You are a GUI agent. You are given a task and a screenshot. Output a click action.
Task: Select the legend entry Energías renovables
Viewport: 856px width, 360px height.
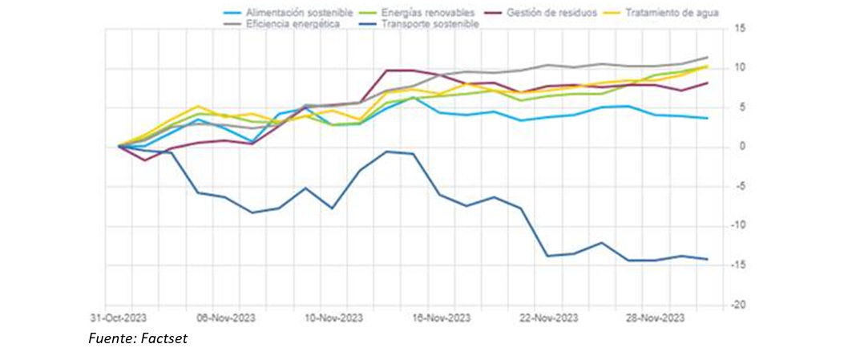(x=428, y=14)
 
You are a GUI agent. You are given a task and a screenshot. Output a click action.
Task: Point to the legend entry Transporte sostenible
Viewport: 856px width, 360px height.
(x=430, y=25)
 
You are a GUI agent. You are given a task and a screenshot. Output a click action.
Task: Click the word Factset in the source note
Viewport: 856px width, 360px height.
(x=164, y=340)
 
